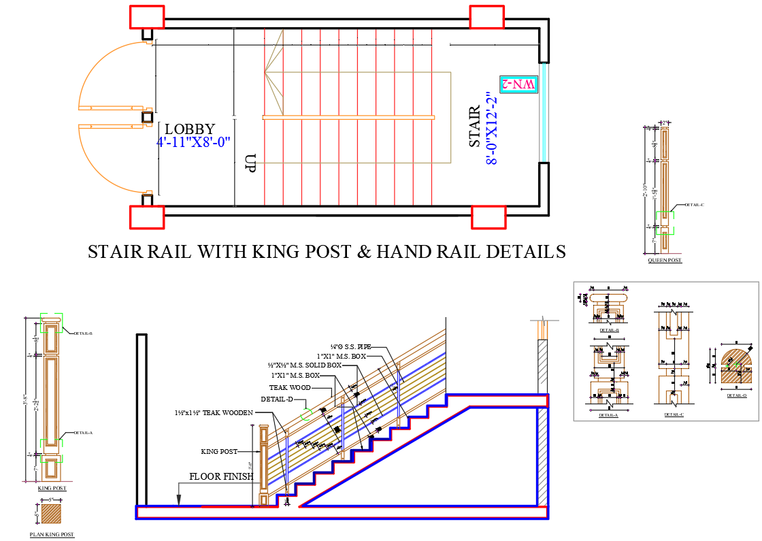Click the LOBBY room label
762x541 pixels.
pos(190,129)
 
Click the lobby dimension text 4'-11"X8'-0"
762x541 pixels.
pos(194,143)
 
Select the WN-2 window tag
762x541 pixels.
pos(518,84)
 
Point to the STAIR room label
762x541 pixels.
pos(475,126)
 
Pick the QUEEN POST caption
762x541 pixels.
pos(665,261)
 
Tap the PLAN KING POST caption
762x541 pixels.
pos(52,535)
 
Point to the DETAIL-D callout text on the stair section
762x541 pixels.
pos(276,399)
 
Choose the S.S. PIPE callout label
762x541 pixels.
pos(351,347)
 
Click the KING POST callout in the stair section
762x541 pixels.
pos(219,451)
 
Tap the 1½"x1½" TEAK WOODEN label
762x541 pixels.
pos(214,412)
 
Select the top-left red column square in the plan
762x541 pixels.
pos(146,17)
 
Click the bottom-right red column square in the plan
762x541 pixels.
pos(488,218)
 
